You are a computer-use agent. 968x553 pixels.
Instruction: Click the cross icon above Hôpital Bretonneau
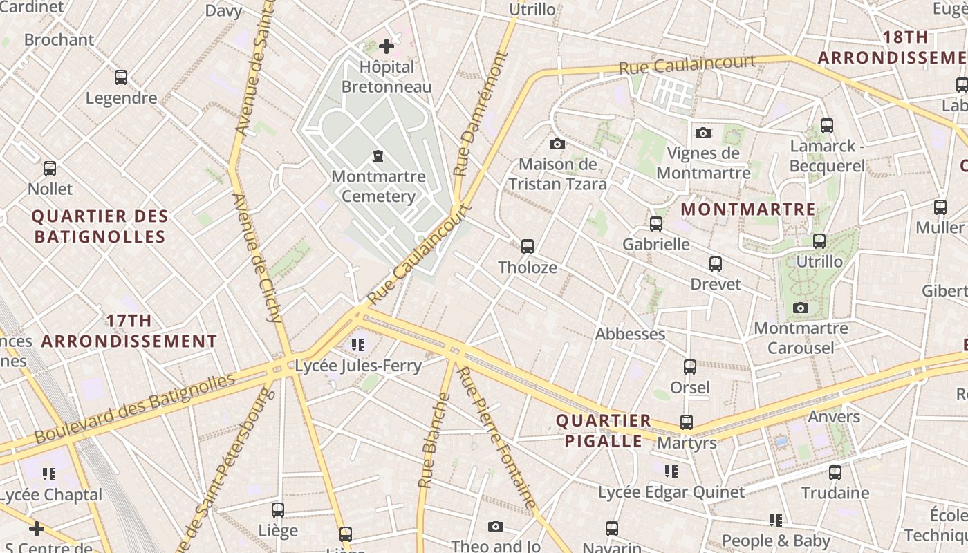coord(387,46)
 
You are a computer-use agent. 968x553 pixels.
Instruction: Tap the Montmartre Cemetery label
coord(378,186)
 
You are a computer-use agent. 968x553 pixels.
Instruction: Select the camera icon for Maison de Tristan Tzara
coord(557,144)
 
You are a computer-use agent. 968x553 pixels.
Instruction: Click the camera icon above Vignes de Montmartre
coord(703,133)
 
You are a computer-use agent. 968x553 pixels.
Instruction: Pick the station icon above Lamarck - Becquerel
coord(827,125)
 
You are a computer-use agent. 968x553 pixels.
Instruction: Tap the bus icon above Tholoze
coord(528,246)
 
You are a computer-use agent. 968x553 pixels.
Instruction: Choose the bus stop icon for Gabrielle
coord(656,223)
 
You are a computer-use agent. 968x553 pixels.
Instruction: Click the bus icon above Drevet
coord(716,263)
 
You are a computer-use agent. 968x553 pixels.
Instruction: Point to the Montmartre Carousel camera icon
coord(801,308)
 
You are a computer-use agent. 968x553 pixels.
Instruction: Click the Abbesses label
coord(630,334)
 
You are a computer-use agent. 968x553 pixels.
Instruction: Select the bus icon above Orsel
coord(690,366)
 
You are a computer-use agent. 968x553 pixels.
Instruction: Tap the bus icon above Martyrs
coord(687,422)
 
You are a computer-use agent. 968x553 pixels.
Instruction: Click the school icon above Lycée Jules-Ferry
coord(357,344)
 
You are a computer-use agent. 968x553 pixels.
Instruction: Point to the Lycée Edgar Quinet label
coord(671,492)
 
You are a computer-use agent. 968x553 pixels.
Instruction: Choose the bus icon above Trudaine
coord(835,472)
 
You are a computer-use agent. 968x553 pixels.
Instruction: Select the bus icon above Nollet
coord(50,168)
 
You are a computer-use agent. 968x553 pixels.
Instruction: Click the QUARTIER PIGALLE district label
coord(604,431)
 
